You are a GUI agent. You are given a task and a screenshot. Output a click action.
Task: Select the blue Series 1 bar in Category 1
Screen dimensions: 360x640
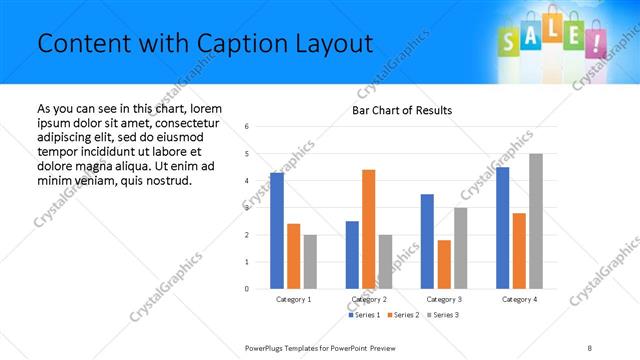(x=277, y=230)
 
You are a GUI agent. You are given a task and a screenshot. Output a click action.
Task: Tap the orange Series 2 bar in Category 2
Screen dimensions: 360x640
(x=369, y=229)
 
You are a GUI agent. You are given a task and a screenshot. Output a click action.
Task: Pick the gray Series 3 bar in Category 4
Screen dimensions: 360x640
(x=536, y=221)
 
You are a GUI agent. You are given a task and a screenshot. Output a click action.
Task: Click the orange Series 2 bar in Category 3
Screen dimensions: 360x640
(x=444, y=264)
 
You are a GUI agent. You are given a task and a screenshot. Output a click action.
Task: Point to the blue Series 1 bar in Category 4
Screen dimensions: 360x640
(x=502, y=228)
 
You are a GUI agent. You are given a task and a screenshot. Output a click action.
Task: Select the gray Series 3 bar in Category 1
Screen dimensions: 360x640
(x=310, y=262)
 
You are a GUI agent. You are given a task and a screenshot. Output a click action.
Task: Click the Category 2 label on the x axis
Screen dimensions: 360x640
(x=369, y=299)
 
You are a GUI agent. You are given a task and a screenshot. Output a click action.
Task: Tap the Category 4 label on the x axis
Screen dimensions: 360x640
(x=519, y=299)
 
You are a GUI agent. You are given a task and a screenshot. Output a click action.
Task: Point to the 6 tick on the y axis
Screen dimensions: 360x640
(x=247, y=127)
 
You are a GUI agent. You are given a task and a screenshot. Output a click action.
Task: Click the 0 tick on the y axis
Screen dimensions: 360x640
(x=247, y=289)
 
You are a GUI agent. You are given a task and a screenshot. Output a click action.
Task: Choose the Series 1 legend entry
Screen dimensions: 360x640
(x=364, y=315)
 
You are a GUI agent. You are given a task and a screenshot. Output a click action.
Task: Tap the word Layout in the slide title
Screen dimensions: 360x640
(x=337, y=44)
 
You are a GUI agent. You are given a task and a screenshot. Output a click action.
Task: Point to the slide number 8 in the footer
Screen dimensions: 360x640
(x=590, y=347)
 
